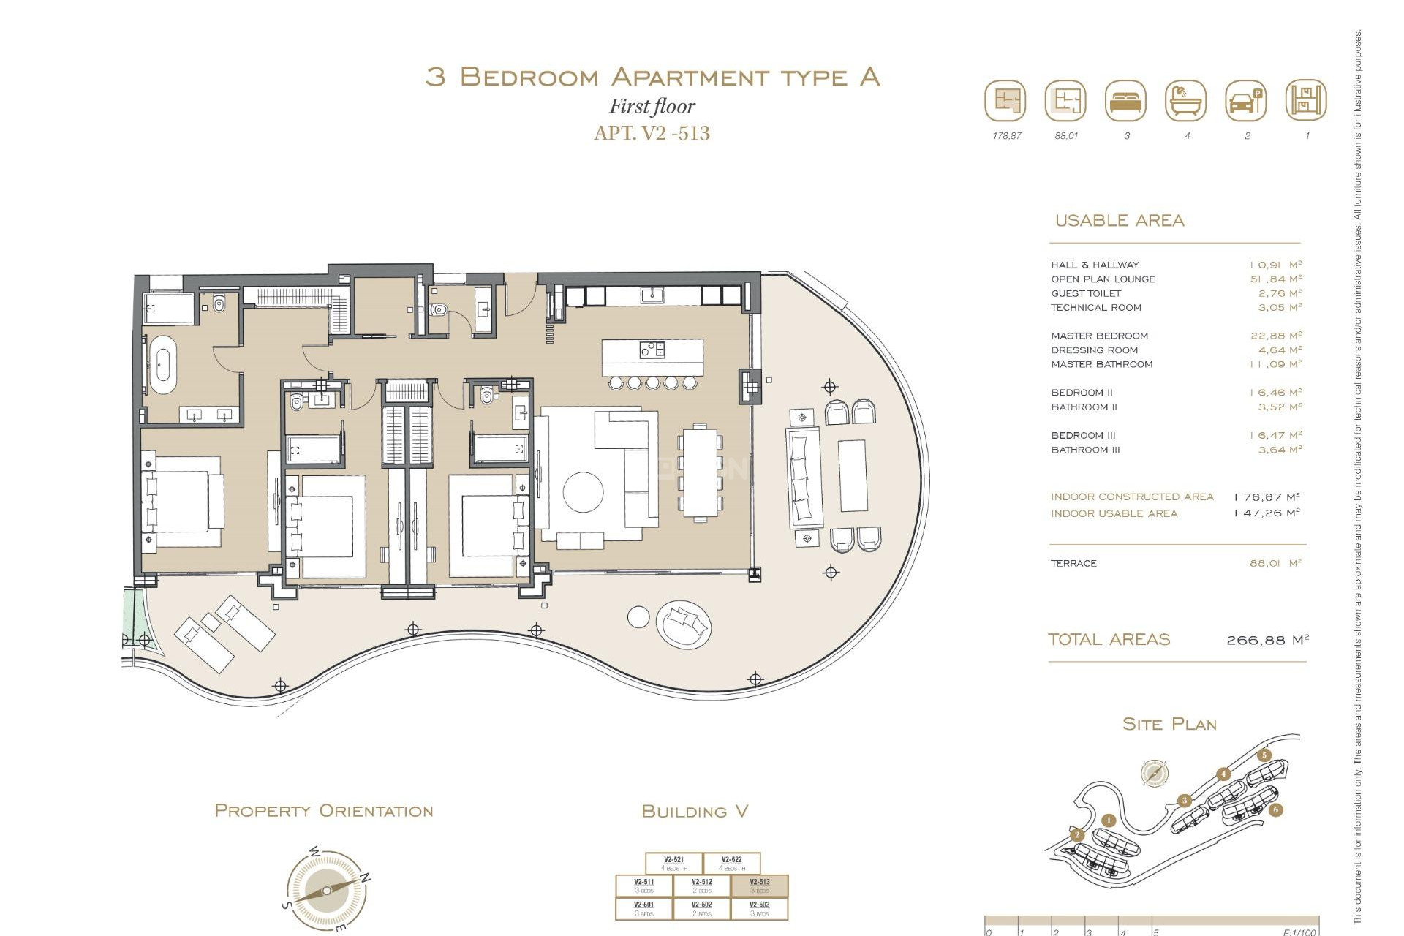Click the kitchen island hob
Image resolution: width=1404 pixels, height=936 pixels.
(x=652, y=350)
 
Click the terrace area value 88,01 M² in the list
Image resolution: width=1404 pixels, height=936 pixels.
(x=1275, y=563)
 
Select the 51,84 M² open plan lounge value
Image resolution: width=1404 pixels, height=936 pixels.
(x=1275, y=279)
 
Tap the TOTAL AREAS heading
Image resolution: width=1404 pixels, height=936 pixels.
(x=1109, y=639)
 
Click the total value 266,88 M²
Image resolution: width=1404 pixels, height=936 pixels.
(x=1267, y=640)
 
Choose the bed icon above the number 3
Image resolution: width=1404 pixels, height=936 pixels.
(x=1126, y=101)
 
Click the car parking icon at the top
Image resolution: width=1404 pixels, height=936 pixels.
(x=1245, y=101)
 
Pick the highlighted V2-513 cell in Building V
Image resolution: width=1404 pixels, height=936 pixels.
(x=760, y=886)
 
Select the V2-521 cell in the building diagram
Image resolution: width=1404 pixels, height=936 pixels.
(x=673, y=863)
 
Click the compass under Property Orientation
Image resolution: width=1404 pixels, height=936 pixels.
(x=326, y=891)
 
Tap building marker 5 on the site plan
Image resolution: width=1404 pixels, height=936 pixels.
(x=1264, y=755)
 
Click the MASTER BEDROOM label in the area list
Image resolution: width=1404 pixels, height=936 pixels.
(x=1099, y=336)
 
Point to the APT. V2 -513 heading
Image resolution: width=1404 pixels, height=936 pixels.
(x=652, y=133)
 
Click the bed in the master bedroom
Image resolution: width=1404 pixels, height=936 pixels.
(x=183, y=501)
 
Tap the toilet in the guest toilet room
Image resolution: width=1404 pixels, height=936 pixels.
(x=439, y=310)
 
